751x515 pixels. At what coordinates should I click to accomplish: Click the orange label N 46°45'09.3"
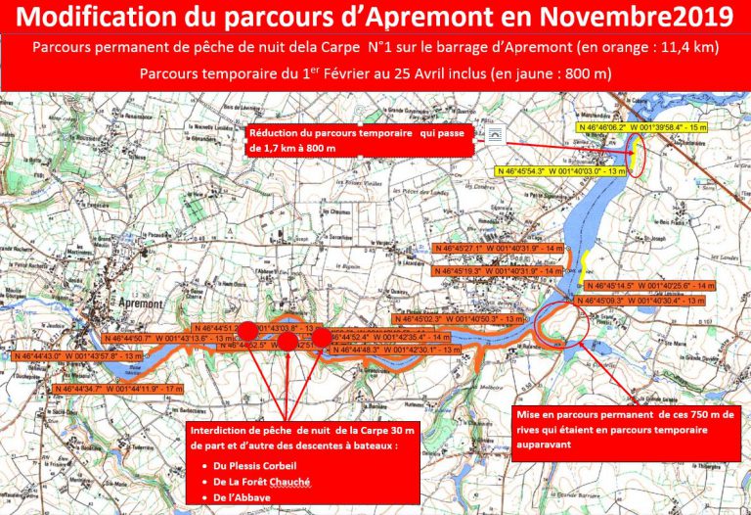click(641, 300)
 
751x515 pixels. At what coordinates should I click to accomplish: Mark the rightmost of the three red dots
click(323, 338)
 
